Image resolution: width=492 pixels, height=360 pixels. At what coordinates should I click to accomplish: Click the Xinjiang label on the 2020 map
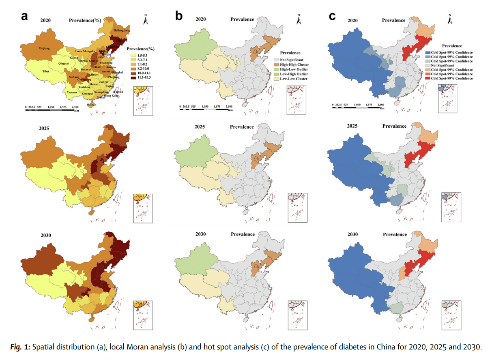(44, 49)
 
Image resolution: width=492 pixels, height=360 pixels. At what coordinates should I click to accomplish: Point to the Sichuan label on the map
(74, 77)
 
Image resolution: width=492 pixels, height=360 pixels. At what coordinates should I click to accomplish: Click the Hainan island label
(92, 105)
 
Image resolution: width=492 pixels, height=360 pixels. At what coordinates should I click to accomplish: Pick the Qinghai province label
(64, 64)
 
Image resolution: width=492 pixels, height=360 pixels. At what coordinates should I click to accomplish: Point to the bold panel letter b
(179, 16)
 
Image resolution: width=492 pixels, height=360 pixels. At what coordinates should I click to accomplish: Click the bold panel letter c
(332, 16)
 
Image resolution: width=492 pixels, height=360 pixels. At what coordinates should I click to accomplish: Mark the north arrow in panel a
(145, 20)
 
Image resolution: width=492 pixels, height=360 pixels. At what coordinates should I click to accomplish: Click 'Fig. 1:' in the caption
(20, 347)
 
